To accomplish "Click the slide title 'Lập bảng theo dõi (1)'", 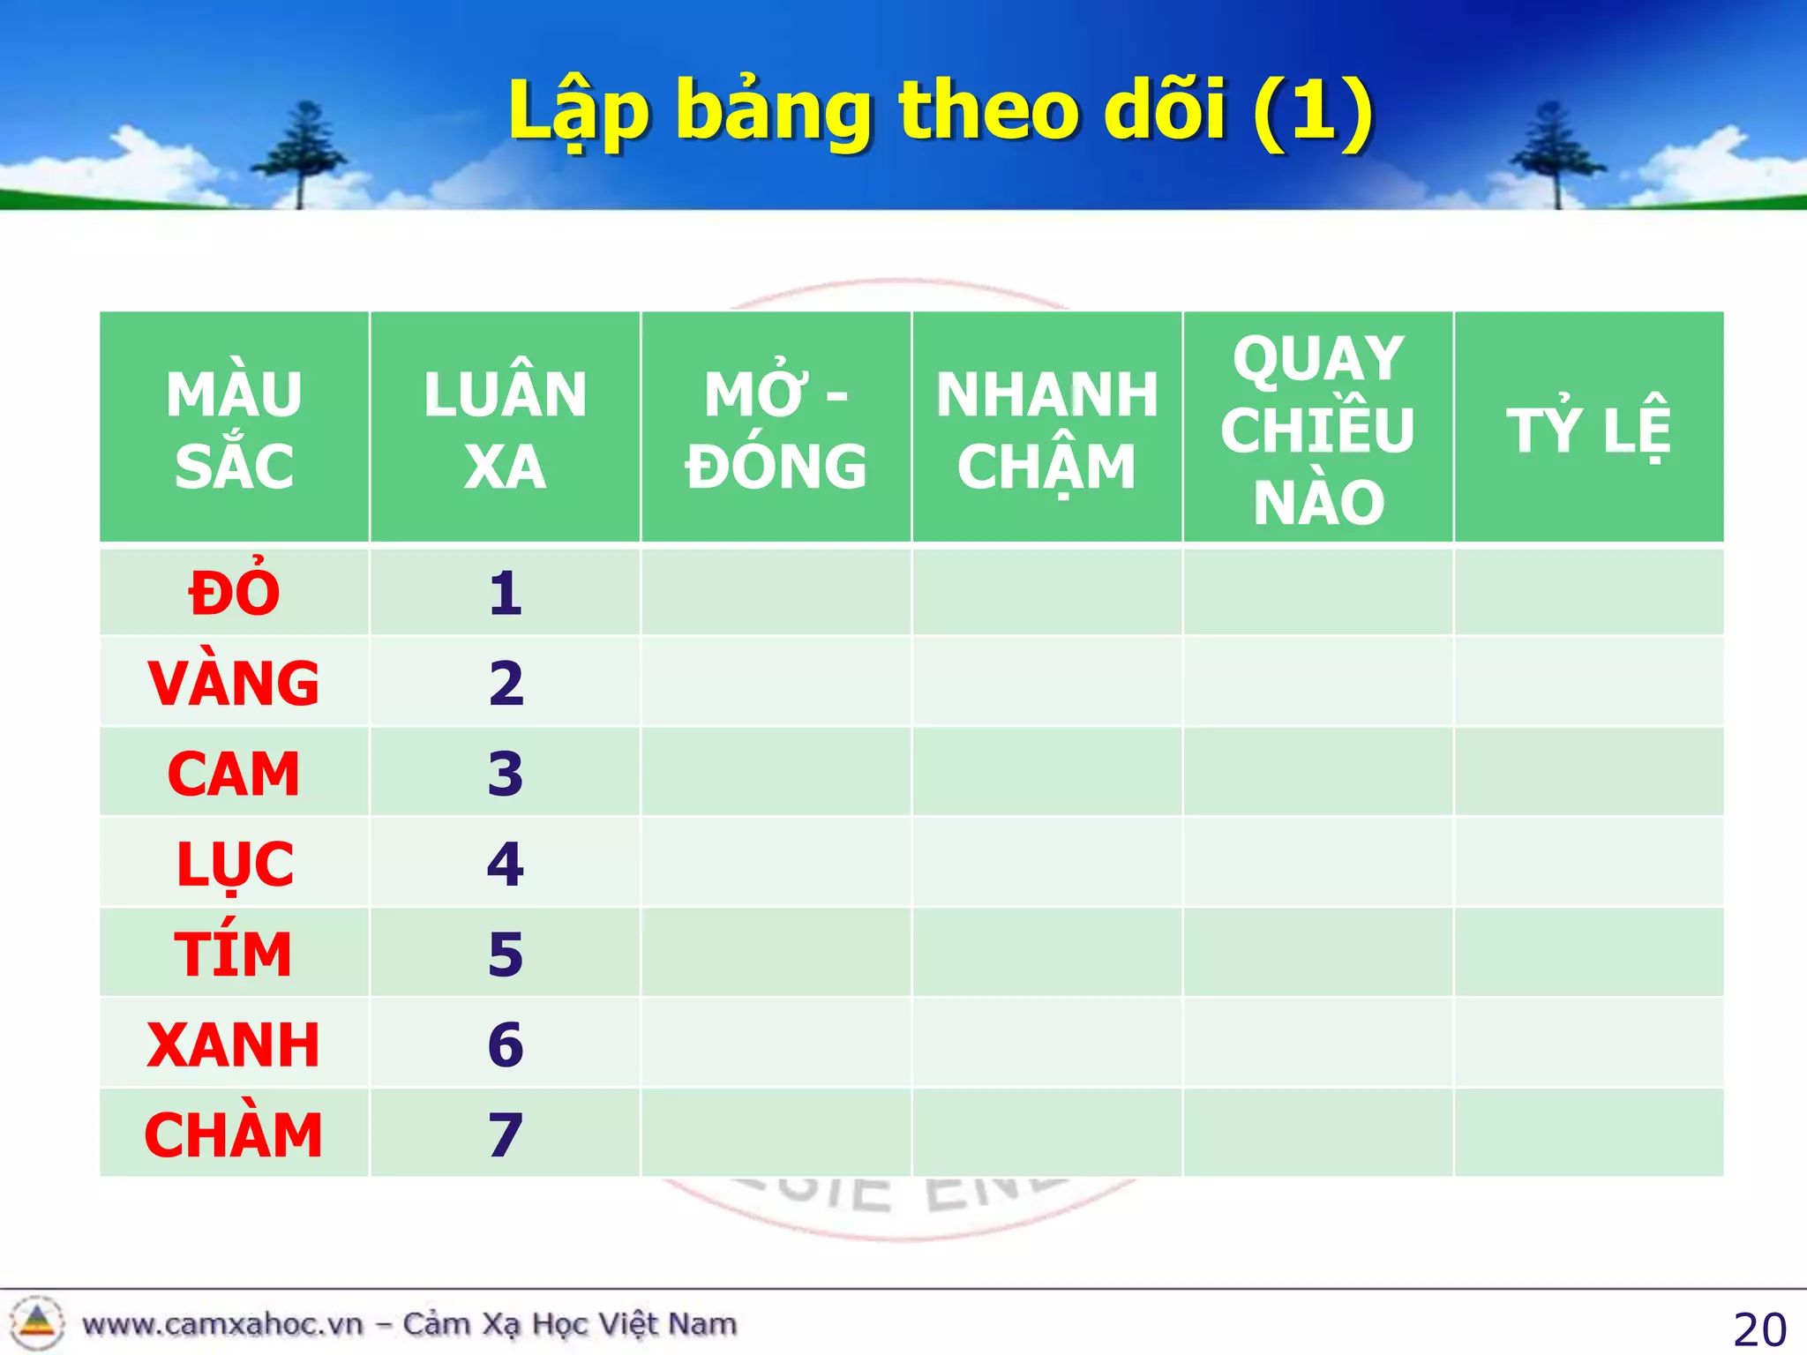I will (x=941, y=112).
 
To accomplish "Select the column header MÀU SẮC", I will (x=234, y=430).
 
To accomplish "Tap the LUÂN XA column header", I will (x=505, y=430).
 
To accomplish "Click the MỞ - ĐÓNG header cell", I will (x=776, y=430).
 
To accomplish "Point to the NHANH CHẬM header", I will (x=1046, y=430).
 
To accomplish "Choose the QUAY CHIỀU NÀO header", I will (x=1318, y=430).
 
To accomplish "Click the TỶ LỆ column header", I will (x=1588, y=430).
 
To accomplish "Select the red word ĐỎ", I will (x=234, y=593).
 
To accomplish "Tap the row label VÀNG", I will (x=234, y=684).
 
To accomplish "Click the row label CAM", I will (x=234, y=774).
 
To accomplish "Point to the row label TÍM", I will (x=234, y=954).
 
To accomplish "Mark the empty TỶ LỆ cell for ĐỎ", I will (x=1588, y=592).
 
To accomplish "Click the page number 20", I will (x=1758, y=1329).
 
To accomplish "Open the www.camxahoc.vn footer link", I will (x=222, y=1324).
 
